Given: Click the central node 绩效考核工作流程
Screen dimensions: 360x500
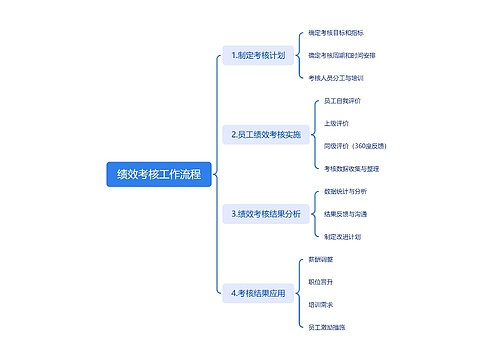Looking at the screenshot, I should coord(158,174).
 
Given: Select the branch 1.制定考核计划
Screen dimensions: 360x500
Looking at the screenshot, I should coord(258,55).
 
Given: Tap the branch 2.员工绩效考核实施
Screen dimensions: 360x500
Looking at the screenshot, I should coord(265,134).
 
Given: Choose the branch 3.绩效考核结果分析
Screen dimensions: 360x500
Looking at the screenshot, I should coord(265,213).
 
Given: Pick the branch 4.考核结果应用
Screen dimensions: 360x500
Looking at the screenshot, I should coord(258,293).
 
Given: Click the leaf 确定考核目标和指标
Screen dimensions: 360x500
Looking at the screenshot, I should coord(336,33).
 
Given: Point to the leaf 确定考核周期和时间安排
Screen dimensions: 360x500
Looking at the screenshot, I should coord(342,55).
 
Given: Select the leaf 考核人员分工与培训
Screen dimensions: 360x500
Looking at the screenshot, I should coord(336,77).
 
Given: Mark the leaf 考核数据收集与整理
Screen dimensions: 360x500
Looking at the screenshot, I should coord(351,168).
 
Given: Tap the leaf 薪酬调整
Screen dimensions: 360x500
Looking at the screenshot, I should coord(321,259).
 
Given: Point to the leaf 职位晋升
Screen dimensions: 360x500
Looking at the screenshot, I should coord(321,282).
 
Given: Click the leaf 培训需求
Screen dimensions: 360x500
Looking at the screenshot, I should coord(321,304).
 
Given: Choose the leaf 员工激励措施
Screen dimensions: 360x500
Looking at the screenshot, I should coord(327,326).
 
